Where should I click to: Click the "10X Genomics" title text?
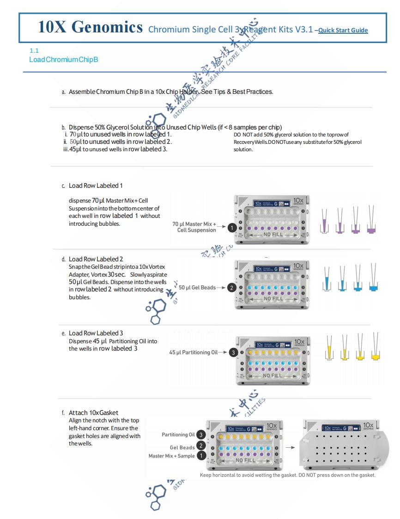[x=90, y=27]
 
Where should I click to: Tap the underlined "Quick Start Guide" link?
[x=343, y=31]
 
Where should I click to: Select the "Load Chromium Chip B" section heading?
[x=63, y=60]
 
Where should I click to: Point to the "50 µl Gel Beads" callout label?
[x=197, y=288]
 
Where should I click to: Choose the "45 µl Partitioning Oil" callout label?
[x=193, y=352]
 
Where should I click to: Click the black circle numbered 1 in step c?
[x=232, y=227]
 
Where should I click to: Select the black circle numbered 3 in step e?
[x=234, y=352]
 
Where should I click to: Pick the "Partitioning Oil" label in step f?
[x=178, y=435]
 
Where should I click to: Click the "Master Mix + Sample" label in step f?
[x=171, y=456]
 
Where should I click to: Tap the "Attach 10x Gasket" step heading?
[x=93, y=413]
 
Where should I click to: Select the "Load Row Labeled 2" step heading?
[x=96, y=259]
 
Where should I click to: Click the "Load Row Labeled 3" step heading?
[x=96, y=333]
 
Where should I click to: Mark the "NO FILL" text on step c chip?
[x=273, y=235]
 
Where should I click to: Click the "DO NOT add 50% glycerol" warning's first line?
[x=291, y=135]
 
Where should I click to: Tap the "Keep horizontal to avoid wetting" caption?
[x=287, y=475]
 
